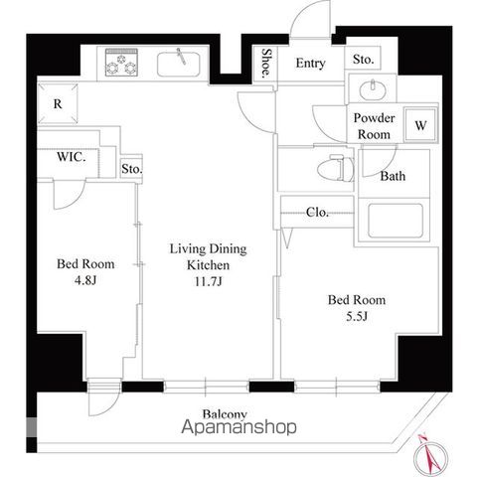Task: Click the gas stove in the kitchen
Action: point(121,63)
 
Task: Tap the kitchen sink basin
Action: point(179,64)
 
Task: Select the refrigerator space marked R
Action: point(58,103)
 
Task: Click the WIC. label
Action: point(72,157)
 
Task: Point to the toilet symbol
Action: point(335,168)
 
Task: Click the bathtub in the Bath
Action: point(396,221)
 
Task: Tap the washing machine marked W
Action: point(420,125)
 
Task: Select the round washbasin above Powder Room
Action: point(373,88)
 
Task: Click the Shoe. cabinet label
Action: point(265,64)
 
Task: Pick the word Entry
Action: point(310,63)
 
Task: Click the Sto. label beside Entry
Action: point(363,60)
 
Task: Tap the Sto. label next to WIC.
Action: point(131,169)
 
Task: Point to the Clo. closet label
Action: point(317,212)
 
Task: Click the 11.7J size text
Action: point(208,281)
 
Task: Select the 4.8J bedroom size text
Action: point(85,280)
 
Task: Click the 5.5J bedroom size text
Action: point(357,316)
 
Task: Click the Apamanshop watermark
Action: point(239,426)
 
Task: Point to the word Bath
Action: point(393,176)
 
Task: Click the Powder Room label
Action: point(374,126)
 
